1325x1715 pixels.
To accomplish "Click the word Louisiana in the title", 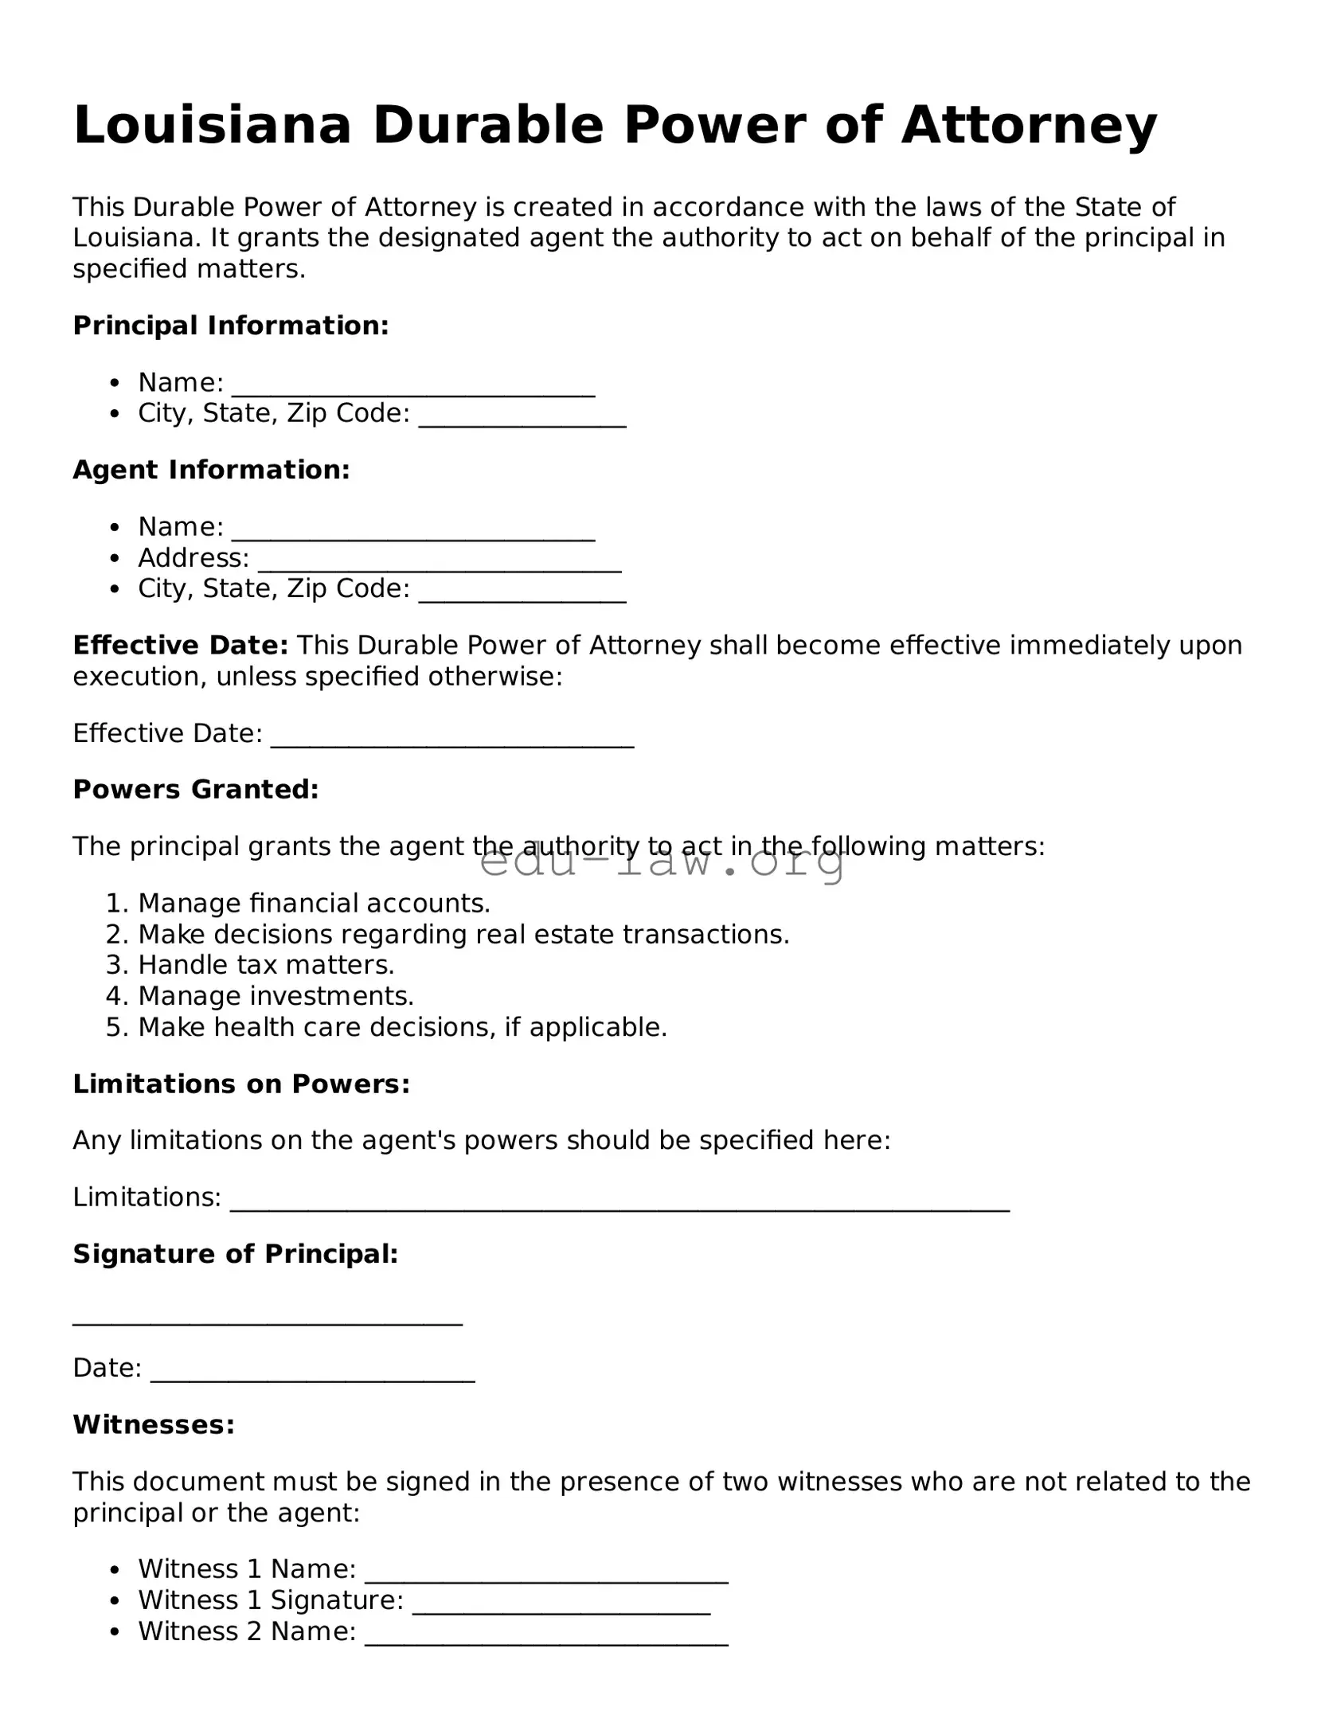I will tap(212, 126).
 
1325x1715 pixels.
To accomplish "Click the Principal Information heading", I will tap(231, 326).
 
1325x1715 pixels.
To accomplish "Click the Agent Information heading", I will tap(211, 470).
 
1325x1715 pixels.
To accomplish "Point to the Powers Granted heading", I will tap(196, 789).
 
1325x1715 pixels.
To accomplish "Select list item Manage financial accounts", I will tap(314, 903).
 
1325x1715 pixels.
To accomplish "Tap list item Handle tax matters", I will tap(266, 965).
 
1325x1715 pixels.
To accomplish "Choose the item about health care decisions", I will tap(402, 1027).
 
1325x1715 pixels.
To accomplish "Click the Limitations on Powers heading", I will tap(241, 1084).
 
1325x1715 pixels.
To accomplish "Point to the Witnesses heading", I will tap(154, 1424).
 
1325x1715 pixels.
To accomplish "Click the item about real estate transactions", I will tap(463, 934).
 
